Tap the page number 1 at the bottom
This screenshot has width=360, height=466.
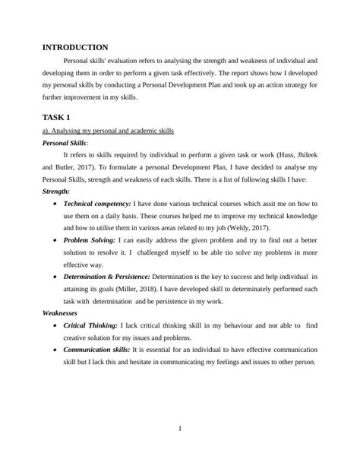(x=179, y=430)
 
